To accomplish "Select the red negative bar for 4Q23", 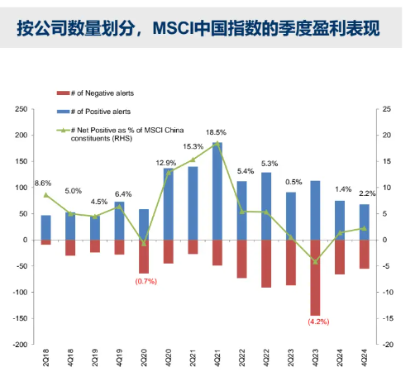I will coord(315,277).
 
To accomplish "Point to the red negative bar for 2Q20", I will coord(144,256).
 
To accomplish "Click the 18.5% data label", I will coord(217,132).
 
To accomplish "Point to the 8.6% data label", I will coord(43,183).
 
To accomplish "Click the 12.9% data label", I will coord(167,163).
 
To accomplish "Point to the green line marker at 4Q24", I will coord(364,228).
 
